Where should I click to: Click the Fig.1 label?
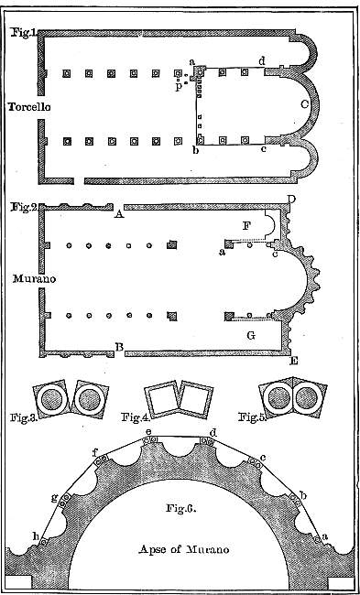[x=22, y=33]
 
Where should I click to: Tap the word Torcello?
[x=30, y=107]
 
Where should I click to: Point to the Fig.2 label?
[x=22, y=208]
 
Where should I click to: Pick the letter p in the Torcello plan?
[x=180, y=87]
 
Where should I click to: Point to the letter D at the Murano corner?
[x=291, y=200]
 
